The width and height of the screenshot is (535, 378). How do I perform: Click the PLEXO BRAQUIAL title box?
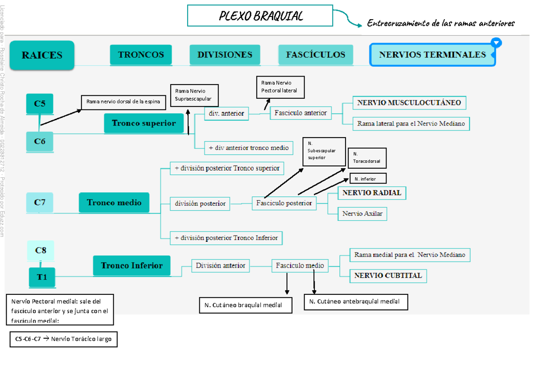[x=260, y=16]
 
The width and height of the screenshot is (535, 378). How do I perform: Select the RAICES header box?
[x=42, y=55]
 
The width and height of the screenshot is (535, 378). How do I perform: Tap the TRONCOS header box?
[x=141, y=55]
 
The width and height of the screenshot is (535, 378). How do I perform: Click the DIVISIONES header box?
[x=225, y=55]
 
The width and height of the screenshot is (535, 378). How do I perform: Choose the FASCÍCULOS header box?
[x=316, y=55]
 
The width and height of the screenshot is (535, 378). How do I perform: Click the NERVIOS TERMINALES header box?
[x=432, y=55]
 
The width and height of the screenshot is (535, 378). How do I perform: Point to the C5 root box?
[x=40, y=104]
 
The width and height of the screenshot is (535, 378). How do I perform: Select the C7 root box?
[x=40, y=203]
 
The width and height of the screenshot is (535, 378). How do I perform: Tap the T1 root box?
[x=41, y=277]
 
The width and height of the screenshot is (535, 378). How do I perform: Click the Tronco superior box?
[x=144, y=123]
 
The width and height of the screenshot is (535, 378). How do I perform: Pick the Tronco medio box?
[x=114, y=203]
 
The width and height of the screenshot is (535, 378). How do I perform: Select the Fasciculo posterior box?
[x=284, y=203]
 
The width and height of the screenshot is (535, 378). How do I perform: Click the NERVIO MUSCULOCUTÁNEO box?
[x=409, y=103]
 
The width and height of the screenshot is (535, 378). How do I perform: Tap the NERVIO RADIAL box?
[x=372, y=193]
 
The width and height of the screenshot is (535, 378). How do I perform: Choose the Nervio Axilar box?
[x=362, y=214]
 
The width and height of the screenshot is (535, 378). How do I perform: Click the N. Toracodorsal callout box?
[x=366, y=158]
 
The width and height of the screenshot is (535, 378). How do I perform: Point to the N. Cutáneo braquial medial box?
[x=246, y=305]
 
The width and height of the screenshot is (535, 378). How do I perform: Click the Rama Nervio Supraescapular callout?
[x=194, y=95]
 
